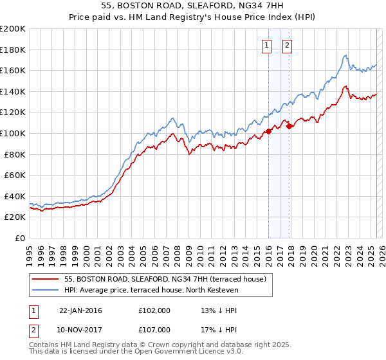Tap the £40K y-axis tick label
click(x=14, y=196)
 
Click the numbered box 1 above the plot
click(x=266, y=45)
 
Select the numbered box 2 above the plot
click(x=287, y=45)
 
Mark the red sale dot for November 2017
click(x=289, y=126)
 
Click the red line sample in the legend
click(x=45, y=278)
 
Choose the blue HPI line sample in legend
click(x=45, y=290)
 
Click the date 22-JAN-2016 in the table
click(x=80, y=310)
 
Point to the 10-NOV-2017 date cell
click(x=81, y=329)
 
